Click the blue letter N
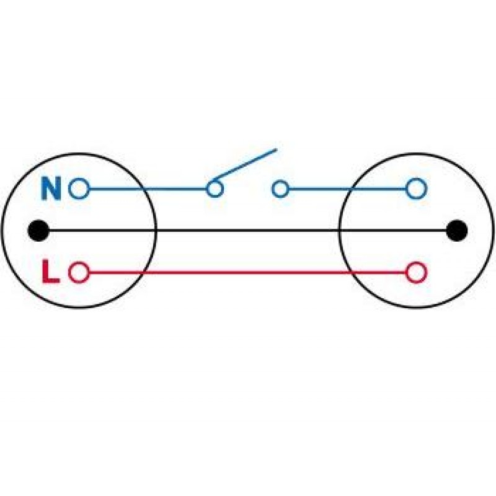point(51,188)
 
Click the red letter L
point(50,272)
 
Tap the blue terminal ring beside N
point(79,188)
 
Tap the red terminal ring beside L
point(79,272)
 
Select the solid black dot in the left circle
point(38,230)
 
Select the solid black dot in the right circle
point(456,230)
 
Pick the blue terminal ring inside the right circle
point(416,188)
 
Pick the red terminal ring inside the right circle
point(416,272)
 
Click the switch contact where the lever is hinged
point(215,189)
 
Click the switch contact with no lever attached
point(280,189)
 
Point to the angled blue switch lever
point(244,164)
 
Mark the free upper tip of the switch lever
point(277,149)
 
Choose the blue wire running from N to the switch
point(148,189)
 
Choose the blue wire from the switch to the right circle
point(347,189)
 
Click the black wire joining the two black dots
point(247,230)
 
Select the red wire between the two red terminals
point(247,272)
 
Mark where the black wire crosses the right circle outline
point(339,230)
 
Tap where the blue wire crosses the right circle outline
point(350,189)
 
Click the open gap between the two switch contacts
point(247,189)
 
